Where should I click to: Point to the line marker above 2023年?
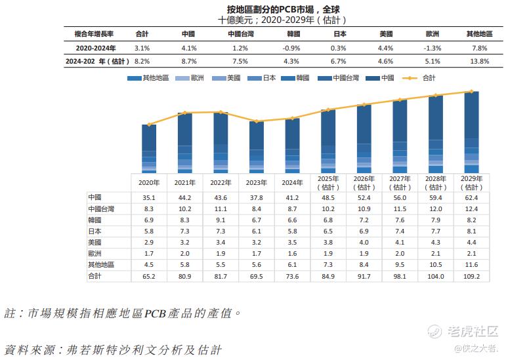pyautogui.click(x=257, y=121)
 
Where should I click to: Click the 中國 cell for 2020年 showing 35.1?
pyautogui.click(x=149, y=197)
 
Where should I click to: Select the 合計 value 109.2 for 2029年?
pyautogui.click(x=471, y=277)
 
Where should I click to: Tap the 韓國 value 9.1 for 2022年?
pyautogui.click(x=221, y=220)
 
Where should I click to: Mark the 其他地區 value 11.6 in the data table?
pyautogui.click(x=471, y=265)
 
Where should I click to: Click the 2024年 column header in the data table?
pyautogui.click(x=293, y=183)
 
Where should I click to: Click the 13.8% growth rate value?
pyautogui.click(x=480, y=61)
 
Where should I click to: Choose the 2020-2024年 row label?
pyautogui.click(x=96, y=48)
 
